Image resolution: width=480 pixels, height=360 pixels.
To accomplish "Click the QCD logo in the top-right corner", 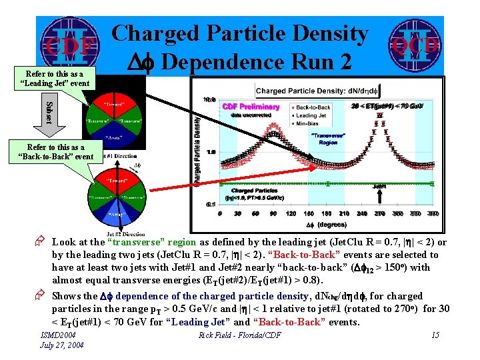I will [x=415, y=44].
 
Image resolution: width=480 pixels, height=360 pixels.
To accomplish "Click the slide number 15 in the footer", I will [x=435, y=335].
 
